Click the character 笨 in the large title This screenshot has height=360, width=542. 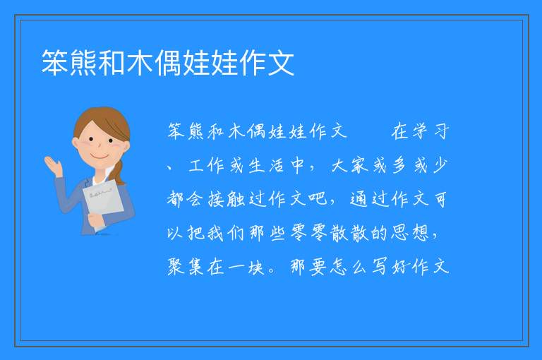click(55, 63)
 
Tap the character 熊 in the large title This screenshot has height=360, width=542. click(83, 63)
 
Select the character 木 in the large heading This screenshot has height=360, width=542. click(140, 63)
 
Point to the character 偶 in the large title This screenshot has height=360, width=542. click(168, 63)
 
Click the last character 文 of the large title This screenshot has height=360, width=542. click(281, 63)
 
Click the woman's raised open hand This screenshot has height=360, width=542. click(53, 165)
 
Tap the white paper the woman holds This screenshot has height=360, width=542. click(103, 200)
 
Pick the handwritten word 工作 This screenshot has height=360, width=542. click(207, 165)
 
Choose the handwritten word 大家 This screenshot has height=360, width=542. click(350, 165)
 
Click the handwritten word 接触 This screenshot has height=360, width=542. click(227, 199)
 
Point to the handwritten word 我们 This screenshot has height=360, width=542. click(226, 233)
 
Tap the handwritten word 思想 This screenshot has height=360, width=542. click(410, 233)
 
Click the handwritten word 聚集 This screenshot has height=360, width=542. click(186, 267)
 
